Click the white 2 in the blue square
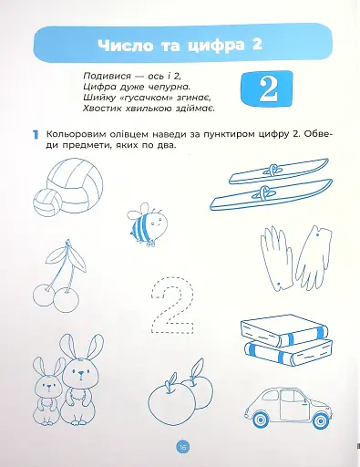[x=266, y=88]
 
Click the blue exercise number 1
[x=33, y=135]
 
